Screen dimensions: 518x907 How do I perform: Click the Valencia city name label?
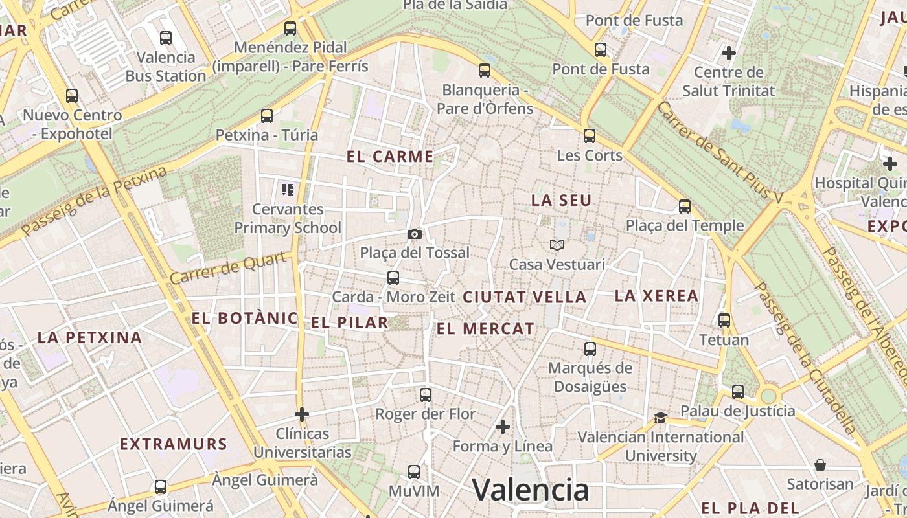[530, 490]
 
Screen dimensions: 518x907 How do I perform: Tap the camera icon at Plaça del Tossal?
[415, 234]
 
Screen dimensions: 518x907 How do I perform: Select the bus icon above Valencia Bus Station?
[166, 38]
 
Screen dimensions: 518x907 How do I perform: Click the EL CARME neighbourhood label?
[390, 156]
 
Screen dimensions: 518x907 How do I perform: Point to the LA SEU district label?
[561, 201]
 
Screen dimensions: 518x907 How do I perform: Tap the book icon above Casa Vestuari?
[557, 245]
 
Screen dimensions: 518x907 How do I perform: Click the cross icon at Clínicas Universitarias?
[302, 414]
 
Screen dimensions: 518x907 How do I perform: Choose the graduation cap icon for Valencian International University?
[660, 418]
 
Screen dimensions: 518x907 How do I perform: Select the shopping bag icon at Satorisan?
[820, 465]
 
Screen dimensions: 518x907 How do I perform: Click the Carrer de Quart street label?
[227, 268]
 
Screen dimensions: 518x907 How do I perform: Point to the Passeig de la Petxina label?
[94, 201]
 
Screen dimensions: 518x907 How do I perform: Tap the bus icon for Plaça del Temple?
[685, 207]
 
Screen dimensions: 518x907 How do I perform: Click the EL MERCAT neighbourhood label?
[485, 329]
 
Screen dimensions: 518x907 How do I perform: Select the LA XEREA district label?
[656, 296]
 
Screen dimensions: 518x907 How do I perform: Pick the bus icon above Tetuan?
[724, 321]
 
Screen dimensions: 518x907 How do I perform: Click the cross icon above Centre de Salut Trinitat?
[729, 52]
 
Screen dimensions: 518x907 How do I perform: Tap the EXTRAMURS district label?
[174, 444]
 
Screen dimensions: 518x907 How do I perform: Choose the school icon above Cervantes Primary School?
[288, 190]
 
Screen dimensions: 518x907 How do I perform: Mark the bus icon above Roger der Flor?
[426, 395]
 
